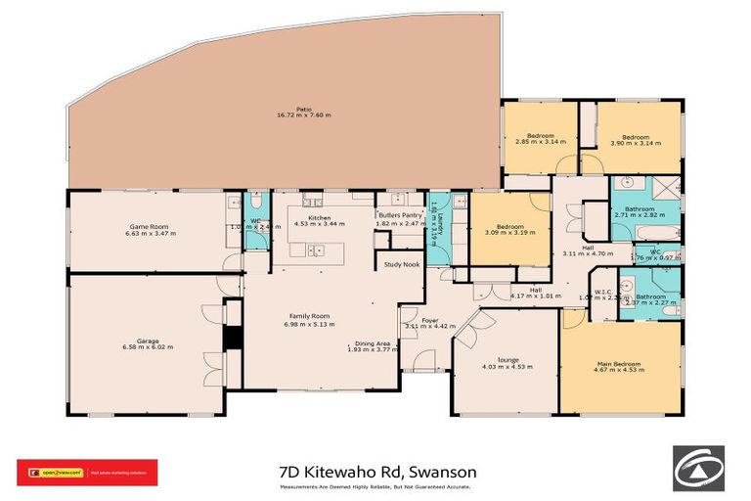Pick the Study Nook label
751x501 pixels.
point(401,264)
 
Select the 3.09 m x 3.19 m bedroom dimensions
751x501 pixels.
point(509,232)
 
